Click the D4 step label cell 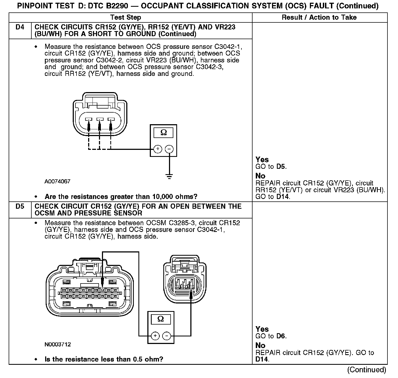click(x=20, y=28)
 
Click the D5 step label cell click(x=20, y=207)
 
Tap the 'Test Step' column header click(x=126, y=18)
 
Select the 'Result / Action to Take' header click(x=319, y=18)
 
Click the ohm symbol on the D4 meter click(x=164, y=132)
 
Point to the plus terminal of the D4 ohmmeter click(x=158, y=149)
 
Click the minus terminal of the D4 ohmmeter click(x=169, y=149)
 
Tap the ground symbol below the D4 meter click(x=169, y=177)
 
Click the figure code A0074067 click(x=57, y=181)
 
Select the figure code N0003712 click(x=58, y=345)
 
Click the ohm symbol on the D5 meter click(x=161, y=319)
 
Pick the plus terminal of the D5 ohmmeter click(x=155, y=336)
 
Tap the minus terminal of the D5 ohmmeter click(x=167, y=336)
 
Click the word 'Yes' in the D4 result click(x=262, y=160)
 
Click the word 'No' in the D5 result click(x=260, y=346)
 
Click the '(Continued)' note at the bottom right click(x=367, y=370)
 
